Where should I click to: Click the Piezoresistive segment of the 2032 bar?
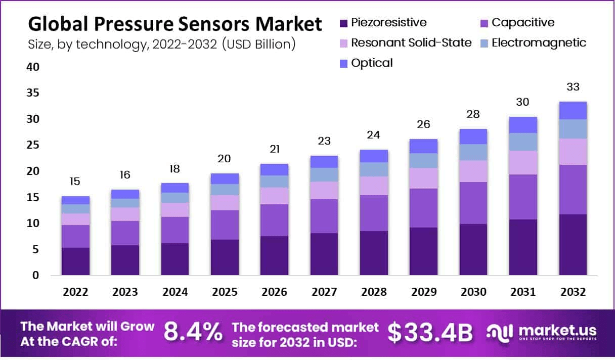(x=573, y=245)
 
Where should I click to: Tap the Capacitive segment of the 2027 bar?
(x=324, y=216)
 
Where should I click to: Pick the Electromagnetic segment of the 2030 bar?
(x=473, y=152)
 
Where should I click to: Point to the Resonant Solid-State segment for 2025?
(x=225, y=203)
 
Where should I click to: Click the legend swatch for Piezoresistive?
(x=343, y=23)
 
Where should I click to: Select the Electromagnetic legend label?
(x=539, y=42)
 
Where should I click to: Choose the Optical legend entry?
(x=372, y=63)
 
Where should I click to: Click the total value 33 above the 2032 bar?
(x=573, y=87)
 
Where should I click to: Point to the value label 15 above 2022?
(x=75, y=182)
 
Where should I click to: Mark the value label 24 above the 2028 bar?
(x=374, y=135)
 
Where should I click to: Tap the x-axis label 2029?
(x=423, y=292)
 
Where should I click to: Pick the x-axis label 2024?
(x=175, y=292)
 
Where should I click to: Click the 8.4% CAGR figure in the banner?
(x=193, y=332)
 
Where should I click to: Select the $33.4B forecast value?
(x=430, y=332)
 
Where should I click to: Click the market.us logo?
(x=541, y=332)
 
